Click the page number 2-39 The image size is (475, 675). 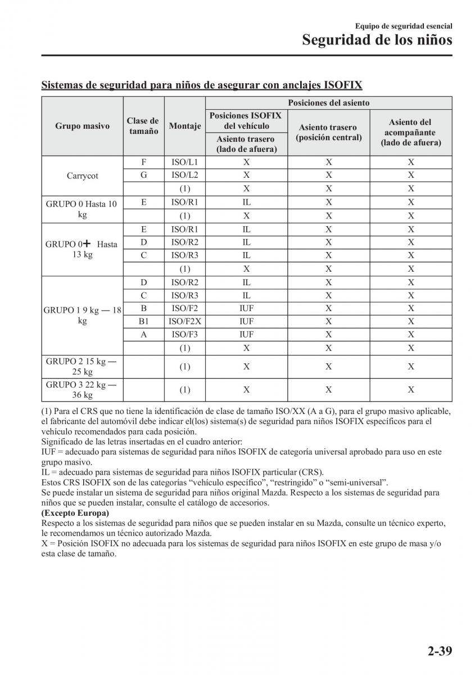[439, 652]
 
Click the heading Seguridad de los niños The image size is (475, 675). [377, 40]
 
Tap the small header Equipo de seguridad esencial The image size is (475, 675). [404, 26]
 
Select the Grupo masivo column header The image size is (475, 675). [82, 126]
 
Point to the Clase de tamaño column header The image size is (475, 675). [143, 126]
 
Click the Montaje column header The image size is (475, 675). [184, 126]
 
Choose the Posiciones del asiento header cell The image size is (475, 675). [328, 102]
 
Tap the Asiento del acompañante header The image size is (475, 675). [410, 132]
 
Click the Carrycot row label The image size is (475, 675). [82, 175]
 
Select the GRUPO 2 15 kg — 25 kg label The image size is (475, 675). [82, 366]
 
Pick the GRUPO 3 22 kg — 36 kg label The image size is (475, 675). [82, 389]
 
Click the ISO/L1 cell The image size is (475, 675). [184, 162]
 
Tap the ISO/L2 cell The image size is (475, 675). [184, 175]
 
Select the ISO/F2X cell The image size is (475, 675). [184, 321]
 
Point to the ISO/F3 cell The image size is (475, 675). [184, 335]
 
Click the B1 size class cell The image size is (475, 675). [143, 321]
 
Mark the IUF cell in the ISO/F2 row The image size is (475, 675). [246, 308]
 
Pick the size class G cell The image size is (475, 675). [143, 175]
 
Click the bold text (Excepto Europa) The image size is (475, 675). [75, 513]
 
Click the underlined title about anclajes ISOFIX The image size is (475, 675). [202, 85]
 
